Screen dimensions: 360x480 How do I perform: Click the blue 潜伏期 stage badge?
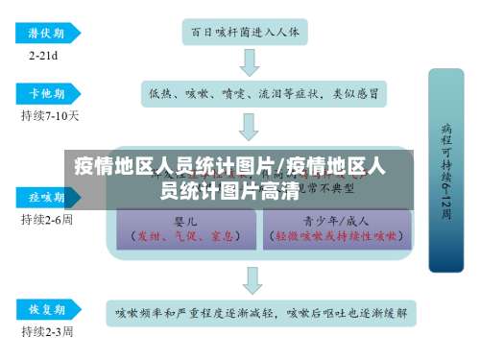point(44,33)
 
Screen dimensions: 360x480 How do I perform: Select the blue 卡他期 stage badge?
point(44,93)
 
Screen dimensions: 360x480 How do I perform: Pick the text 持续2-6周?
point(47,219)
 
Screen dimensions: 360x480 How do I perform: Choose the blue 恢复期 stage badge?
point(44,310)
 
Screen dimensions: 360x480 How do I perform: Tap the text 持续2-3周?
point(47,331)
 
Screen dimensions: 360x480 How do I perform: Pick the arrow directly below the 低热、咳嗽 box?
point(250,125)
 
